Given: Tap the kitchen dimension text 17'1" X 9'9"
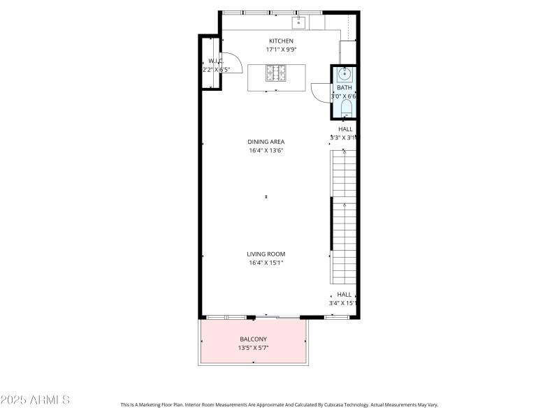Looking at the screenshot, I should [x=279, y=50].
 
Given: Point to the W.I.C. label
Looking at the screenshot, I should [x=215, y=61].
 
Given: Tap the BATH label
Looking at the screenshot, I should [x=344, y=87].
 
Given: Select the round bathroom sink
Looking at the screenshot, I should [x=344, y=74].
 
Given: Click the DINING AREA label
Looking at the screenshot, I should [x=266, y=142].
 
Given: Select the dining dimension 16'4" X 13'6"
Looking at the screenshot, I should [x=266, y=151].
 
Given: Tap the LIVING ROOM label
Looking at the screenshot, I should [x=266, y=254].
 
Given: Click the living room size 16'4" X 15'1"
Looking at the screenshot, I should [x=266, y=263].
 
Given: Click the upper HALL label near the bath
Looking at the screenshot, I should [x=345, y=129].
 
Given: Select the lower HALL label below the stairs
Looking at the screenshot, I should [x=344, y=295].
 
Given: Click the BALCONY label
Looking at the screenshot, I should [x=253, y=339].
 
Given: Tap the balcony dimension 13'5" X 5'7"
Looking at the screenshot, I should [x=253, y=348].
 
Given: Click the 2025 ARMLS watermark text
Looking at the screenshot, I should [x=35, y=400].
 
